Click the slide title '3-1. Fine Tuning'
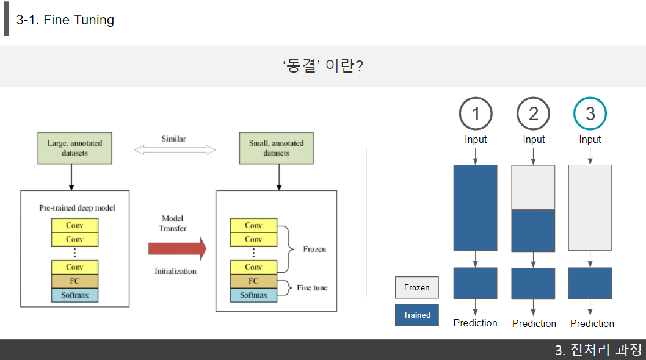(65, 20)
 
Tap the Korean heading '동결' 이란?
(323, 66)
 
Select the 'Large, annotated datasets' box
(74, 148)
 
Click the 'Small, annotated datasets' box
(276, 148)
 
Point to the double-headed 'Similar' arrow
(175, 149)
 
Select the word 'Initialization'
(175, 271)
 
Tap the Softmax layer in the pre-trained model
(74, 295)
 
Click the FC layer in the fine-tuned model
(253, 281)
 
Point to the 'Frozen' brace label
(314, 249)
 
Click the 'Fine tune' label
(311, 287)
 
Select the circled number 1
(476, 114)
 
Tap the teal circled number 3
(590, 113)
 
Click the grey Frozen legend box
(416, 287)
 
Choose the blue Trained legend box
(416, 315)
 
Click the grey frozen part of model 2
(532, 187)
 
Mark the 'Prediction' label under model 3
(592, 323)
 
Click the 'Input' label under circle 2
(534, 140)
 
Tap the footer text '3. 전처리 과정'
(598, 350)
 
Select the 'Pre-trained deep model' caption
(77, 208)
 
